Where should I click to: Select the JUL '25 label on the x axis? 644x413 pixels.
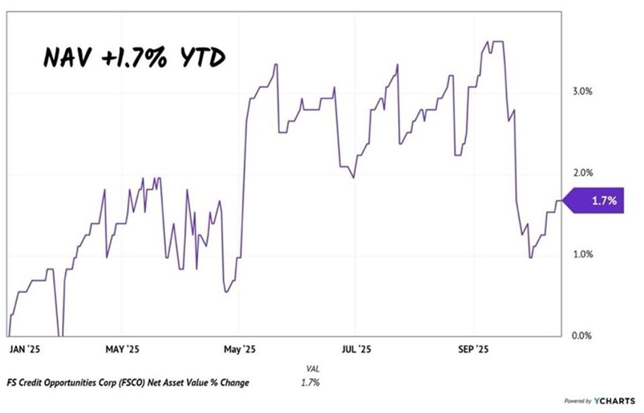coord(356,349)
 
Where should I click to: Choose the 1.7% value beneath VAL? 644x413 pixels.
coord(310,383)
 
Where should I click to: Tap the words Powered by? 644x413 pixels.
coord(578,402)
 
